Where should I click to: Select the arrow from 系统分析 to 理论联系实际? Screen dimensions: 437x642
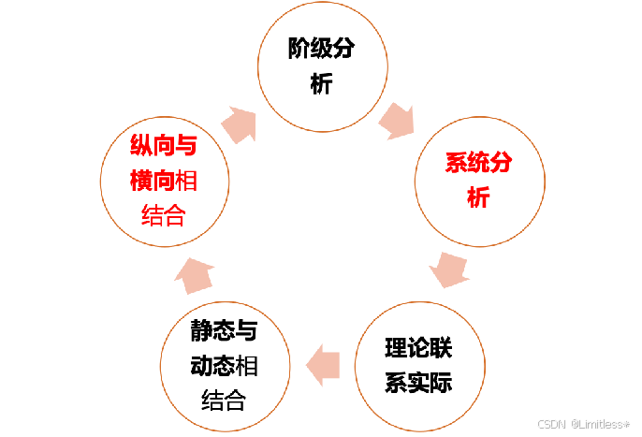click(x=448, y=269)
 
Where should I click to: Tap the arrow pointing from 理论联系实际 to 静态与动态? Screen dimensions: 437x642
click(x=323, y=363)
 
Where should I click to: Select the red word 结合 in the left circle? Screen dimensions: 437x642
click(x=163, y=216)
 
